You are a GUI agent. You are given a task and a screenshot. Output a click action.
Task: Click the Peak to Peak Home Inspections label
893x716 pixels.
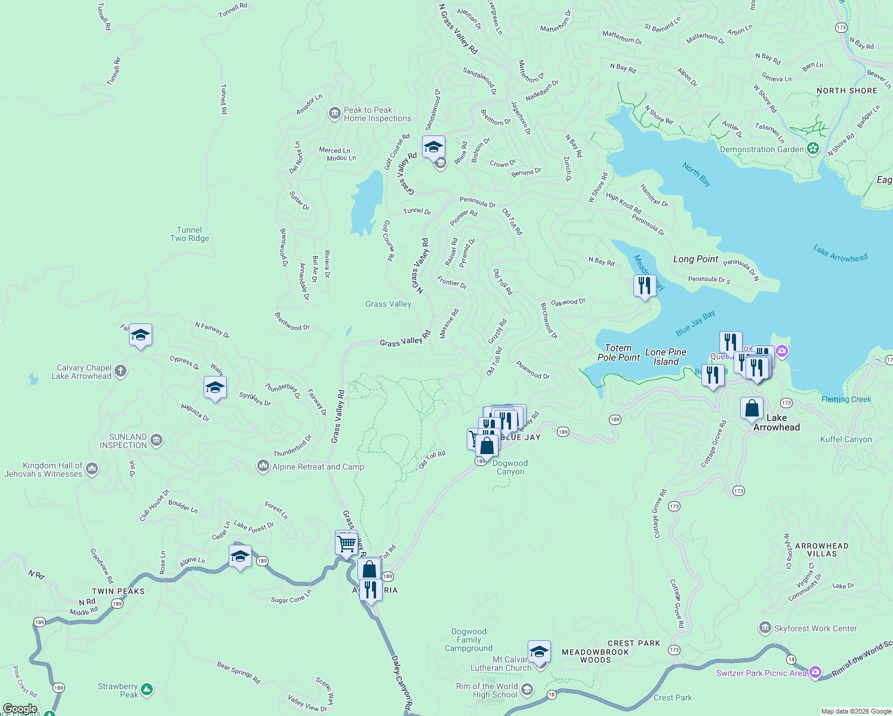[x=377, y=114]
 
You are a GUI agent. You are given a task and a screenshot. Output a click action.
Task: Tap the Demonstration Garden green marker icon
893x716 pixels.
[x=812, y=149]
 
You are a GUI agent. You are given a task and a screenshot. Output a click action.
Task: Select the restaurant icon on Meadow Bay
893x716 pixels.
[x=644, y=286]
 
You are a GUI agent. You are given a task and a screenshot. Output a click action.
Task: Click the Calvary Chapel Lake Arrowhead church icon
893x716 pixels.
[x=121, y=372]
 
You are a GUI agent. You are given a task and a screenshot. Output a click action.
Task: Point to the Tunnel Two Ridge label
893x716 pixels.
[x=189, y=234]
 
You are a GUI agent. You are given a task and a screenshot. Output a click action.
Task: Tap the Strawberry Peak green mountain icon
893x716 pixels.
[x=147, y=690]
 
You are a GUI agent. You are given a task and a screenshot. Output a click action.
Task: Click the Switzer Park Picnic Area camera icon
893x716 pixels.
[x=815, y=672]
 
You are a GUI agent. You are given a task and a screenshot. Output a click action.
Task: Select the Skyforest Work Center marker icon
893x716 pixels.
[x=765, y=628]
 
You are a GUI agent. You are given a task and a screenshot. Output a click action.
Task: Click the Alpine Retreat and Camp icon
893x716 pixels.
[x=263, y=466]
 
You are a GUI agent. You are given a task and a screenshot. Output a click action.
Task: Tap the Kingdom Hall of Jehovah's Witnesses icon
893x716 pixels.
[x=92, y=469]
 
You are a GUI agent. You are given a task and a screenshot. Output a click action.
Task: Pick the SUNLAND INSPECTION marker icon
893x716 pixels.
[x=156, y=440]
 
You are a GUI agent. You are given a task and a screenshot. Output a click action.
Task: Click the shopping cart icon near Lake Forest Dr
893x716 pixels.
[x=347, y=544]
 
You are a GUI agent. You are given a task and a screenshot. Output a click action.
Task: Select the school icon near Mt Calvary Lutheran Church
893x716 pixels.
[x=539, y=652]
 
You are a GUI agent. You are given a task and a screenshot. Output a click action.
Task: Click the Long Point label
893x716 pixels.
[x=695, y=259]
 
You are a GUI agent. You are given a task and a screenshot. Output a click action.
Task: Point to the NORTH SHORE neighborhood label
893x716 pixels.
[x=846, y=91]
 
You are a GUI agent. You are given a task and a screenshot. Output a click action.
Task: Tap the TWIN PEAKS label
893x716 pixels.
[x=118, y=591]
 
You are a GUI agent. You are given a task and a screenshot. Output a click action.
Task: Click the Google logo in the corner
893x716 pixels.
[x=20, y=709]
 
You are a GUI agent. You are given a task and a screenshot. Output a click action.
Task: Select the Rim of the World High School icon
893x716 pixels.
[x=526, y=690]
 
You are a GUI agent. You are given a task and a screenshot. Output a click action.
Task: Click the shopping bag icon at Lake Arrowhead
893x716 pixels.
[x=752, y=409]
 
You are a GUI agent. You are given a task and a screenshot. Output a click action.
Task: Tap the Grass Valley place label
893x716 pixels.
[x=388, y=304]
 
